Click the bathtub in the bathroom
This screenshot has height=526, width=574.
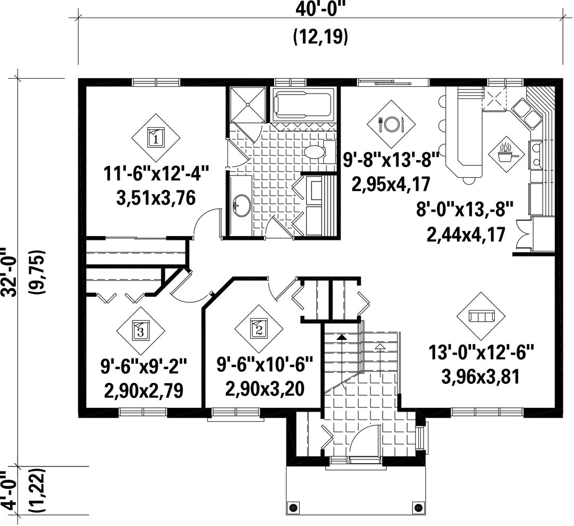click(303, 104)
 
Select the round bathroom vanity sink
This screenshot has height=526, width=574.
click(241, 205)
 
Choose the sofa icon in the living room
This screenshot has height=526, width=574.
click(481, 316)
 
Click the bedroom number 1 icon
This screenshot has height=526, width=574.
click(156, 138)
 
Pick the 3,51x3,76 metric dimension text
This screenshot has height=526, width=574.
click(156, 198)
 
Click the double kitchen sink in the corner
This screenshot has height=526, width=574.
click(526, 113)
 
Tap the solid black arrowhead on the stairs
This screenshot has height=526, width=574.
click(342, 337)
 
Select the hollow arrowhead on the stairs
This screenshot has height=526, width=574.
click(381, 346)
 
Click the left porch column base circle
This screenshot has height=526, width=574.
click(292, 507)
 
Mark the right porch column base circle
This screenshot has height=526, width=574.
click(417, 507)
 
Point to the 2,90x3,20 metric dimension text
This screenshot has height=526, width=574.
click(265, 389)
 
